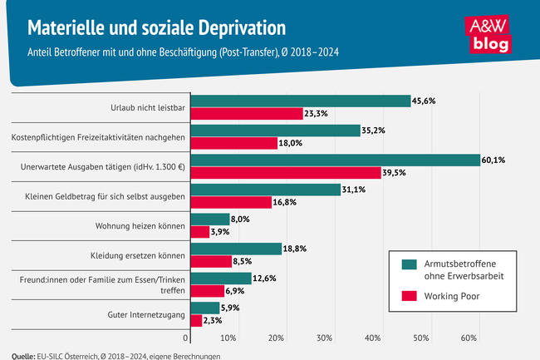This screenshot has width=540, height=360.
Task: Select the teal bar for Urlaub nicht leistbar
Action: coord(301,101)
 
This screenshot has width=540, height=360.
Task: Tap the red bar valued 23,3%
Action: coord(247,113)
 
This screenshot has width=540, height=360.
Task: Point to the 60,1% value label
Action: coord(497,160)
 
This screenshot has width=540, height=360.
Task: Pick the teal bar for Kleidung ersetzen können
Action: coord(236,249)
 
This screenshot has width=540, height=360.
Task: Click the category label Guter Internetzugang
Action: coord(145,314)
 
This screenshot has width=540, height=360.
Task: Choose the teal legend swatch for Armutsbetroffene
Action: coord(408,264)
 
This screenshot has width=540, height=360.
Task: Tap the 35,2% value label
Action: coord(376,131)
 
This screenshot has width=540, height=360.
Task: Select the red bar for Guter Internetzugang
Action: coord(197,321)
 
